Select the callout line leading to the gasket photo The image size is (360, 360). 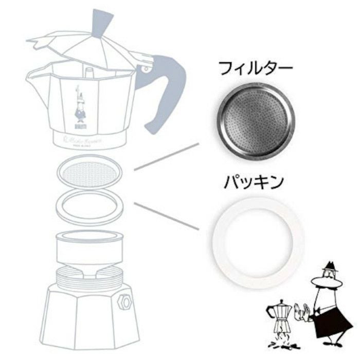167,215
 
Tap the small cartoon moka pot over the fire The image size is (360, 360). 280,314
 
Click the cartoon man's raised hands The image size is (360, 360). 303,312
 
